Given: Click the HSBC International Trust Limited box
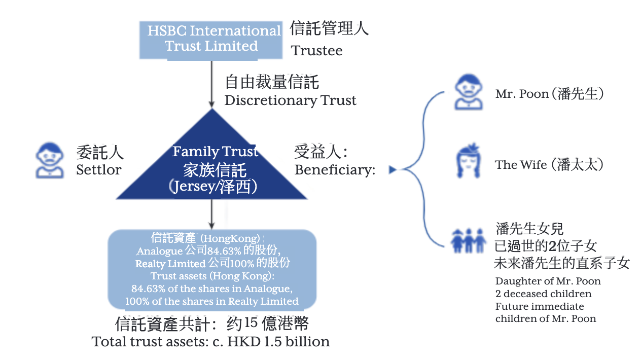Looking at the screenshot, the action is pyautogui.click(x=211, y=40).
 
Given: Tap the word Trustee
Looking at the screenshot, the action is pyautogui.click(x=316, y=51).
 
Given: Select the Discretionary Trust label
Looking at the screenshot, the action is pyautogui.click(x=290, y=100).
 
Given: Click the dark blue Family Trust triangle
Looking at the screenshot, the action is pyautogui.click(x=211, y=160).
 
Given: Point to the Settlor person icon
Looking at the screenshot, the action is pyautogui.click(x=50, y=160).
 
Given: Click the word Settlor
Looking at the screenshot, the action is pyautogui.click(x=99, y=170).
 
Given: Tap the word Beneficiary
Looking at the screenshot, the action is pyautogui.click(x=335, y=170).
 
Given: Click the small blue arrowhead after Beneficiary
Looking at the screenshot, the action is pyautogui.click(x=393, y=170).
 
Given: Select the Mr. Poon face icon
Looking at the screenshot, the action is pyautogui.click(x=469, y=92).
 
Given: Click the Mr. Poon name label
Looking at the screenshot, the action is pyautogui.click(x=549, y=94).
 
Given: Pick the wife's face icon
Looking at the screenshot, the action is pyautogui.click(x=469, y=161).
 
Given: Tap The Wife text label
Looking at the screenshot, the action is pyautogui.click(x=549, y=165).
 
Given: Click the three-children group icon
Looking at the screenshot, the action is pyautogui.click(x=468, y=240).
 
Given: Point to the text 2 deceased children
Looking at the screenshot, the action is pyautogui.click(x=543, y=294).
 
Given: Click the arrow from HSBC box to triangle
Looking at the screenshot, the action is pyautogui.click(x=211, y=84).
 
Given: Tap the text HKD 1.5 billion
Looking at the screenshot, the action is pyautogui.click(x=278, y=342).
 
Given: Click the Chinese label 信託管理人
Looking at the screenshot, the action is pyautogui.click(x=329, y=28).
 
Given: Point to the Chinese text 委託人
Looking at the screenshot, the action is pyautogui.click(x=100, y=153).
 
